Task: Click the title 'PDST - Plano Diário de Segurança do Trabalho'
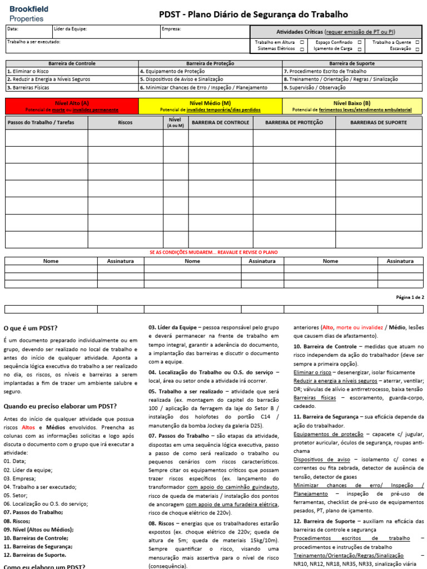(x=254, y=14)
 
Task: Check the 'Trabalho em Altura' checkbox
(x=302, y=42)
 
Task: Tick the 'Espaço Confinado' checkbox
(x=360, y=42)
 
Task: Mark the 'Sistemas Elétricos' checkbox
(x=302, y=49)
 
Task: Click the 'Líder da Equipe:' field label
(x=70, y=29)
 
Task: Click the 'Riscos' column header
(x=125, y=122)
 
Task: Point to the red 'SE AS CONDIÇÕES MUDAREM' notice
(x=213, y=252)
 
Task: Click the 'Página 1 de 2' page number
(x=410, y=297)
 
